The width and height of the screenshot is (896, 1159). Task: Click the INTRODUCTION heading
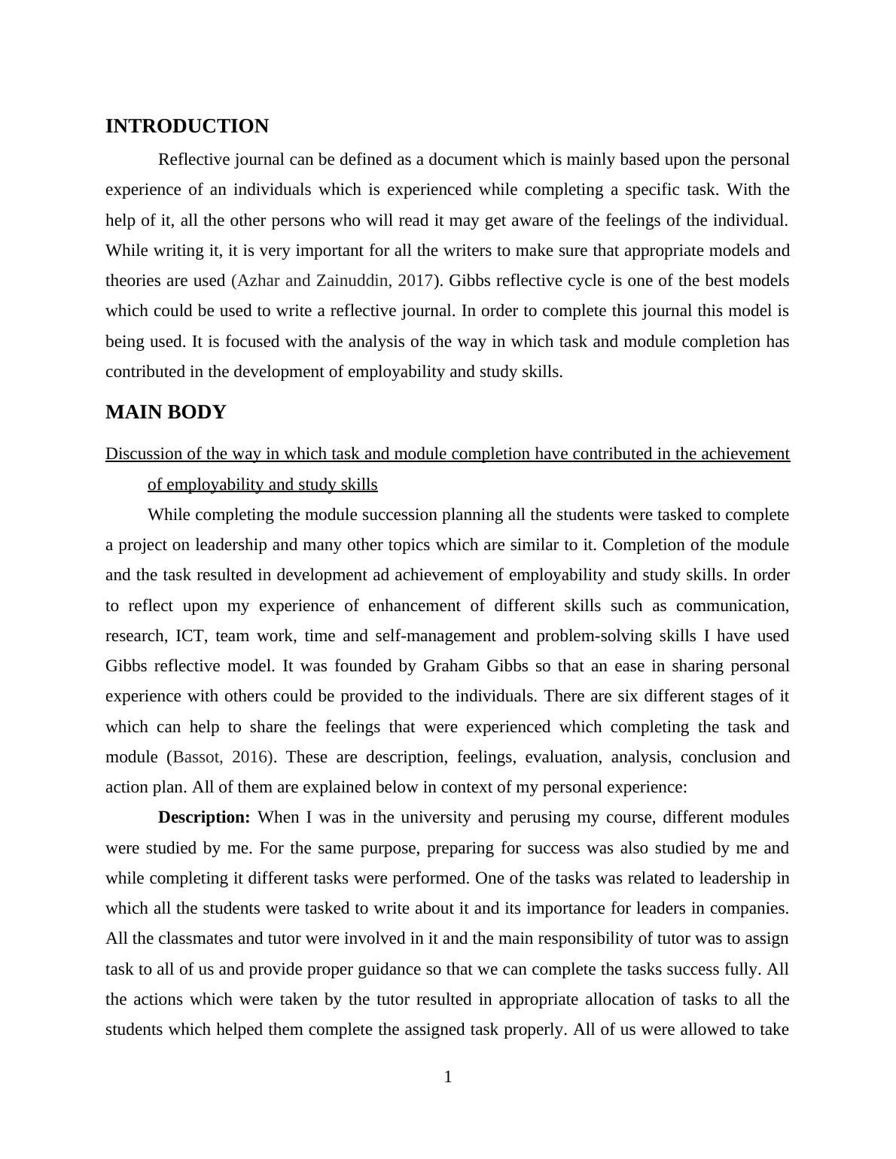(x=187, y=126)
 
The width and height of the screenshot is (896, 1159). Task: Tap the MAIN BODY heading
(x=166, y=412)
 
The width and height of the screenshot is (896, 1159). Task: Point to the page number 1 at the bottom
(x=448, y=1077)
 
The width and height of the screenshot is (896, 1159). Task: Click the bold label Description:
(x=204, y=817)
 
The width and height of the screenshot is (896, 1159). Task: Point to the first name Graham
(x=451, y=666)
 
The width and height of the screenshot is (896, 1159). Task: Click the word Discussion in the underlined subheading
(x=145, y=454)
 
